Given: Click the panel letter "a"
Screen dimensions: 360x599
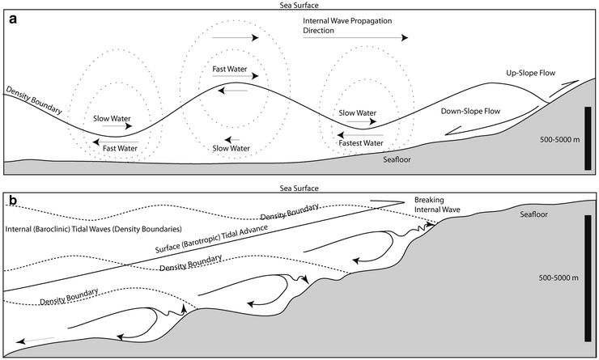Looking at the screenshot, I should (x=12, y=21).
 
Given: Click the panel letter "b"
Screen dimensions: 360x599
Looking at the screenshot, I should (x=13, y=200).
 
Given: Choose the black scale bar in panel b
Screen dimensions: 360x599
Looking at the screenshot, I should (x=588, y=275).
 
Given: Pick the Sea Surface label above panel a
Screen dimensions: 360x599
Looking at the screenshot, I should (x=299, y=6).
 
